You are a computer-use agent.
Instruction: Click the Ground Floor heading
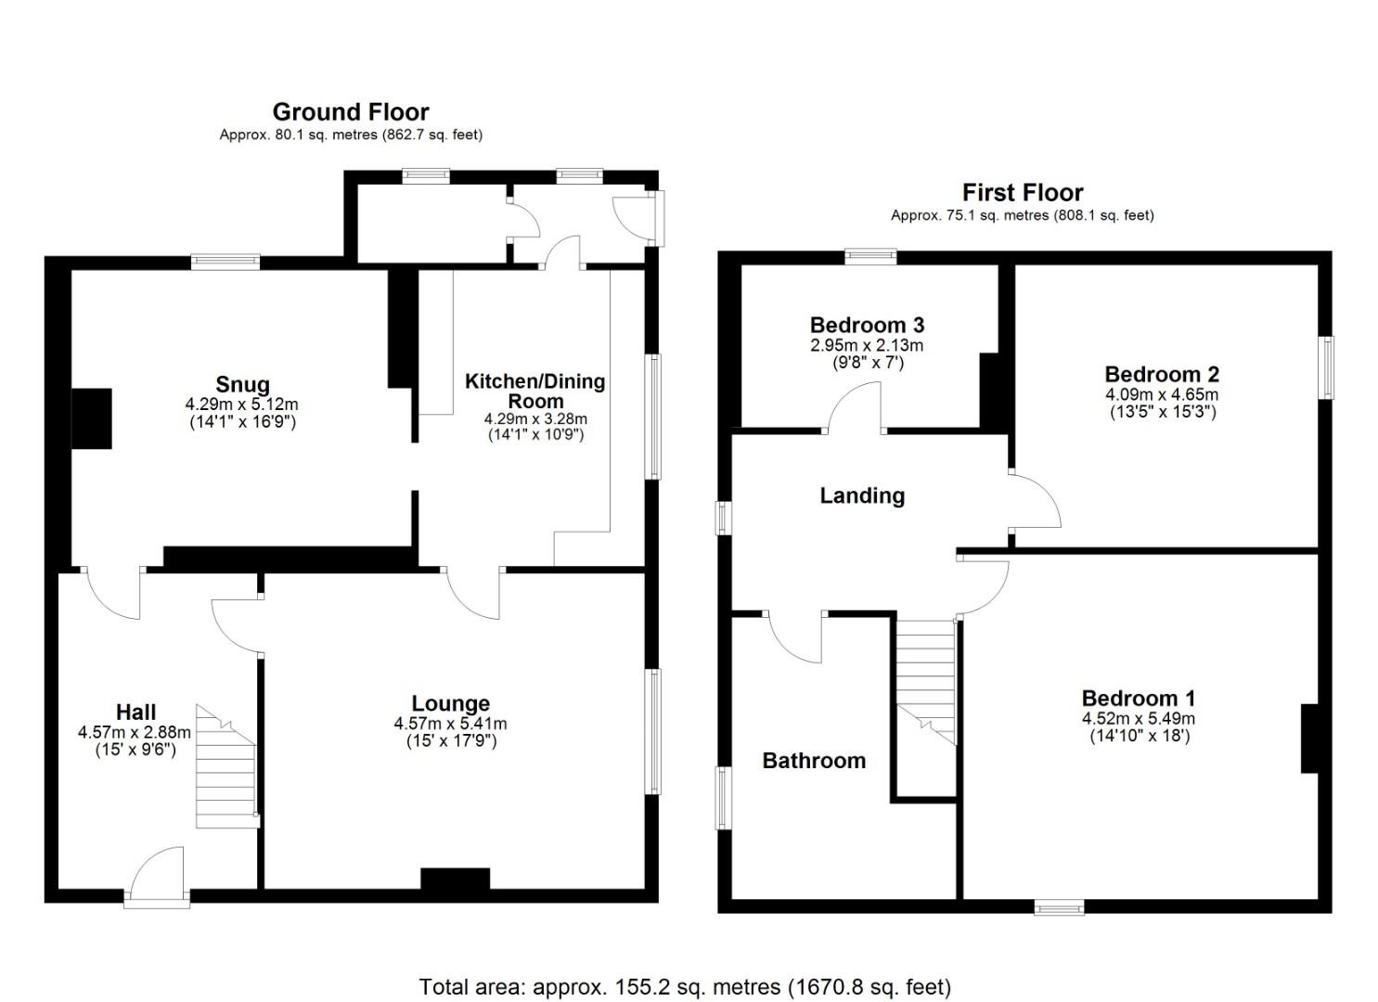350,112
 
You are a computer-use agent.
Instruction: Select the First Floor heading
1022,193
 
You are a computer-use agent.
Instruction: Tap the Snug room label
242,384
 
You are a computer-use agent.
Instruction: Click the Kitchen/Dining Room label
535,391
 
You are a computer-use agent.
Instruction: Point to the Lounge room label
450,703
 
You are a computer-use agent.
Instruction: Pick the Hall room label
135,712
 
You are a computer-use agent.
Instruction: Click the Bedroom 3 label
867,325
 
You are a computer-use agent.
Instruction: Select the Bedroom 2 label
1162,374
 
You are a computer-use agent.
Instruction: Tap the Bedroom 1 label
1138,698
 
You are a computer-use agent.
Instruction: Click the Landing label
862,495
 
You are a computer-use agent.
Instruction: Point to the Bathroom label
814,761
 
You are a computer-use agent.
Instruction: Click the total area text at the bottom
685,986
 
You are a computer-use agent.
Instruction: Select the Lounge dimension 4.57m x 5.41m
450,724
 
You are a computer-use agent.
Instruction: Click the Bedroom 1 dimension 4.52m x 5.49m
1138,718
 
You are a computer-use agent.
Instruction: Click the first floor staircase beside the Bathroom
925,677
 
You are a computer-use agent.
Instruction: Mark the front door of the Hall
157,877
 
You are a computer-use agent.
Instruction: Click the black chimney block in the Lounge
455,880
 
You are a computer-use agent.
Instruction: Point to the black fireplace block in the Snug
92,418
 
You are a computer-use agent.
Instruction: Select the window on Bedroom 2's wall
1327,367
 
